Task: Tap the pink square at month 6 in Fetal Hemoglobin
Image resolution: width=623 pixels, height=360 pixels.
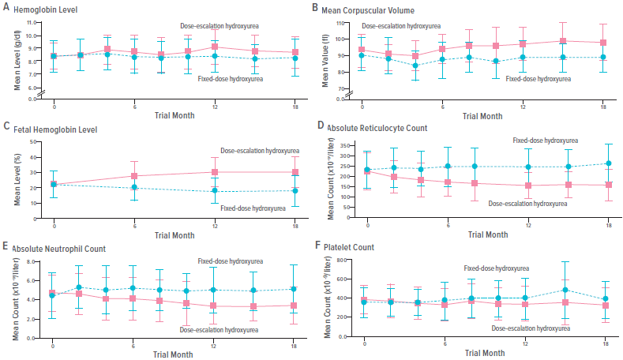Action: click(134, 176)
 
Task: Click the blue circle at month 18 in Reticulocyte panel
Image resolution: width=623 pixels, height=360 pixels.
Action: click(608, 163)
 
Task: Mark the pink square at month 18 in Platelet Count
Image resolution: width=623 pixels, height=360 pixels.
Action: click(606, 306)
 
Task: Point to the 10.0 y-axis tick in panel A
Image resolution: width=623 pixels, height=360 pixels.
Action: click(30, 36)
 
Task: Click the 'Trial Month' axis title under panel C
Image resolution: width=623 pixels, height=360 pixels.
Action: click(175, 234)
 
